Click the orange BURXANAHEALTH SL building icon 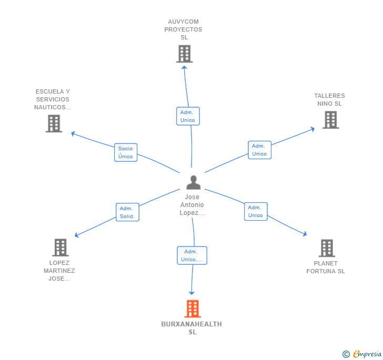point(193,308)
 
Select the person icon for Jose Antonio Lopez point(194,182)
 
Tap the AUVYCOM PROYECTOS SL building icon point(185,54)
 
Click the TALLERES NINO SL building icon point(331,120)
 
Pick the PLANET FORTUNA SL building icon point(327,248)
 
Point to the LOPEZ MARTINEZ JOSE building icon point(61,247)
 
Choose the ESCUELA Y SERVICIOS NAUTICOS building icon point(54,124)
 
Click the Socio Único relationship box point(126,152)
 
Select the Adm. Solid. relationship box point(127,212)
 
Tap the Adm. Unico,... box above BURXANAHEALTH point(192,255)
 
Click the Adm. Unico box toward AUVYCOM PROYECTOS point(188,116)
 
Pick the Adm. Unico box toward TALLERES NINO point(260,150)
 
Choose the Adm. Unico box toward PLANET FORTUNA point(256,211)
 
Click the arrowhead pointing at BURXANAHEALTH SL point(191,293)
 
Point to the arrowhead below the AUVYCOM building point(184,67)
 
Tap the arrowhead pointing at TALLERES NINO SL point(313,129)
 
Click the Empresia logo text point(367,354)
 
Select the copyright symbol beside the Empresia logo point(346,354)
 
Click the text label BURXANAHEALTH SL point(191,328)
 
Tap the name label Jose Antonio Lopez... point(192,205)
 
